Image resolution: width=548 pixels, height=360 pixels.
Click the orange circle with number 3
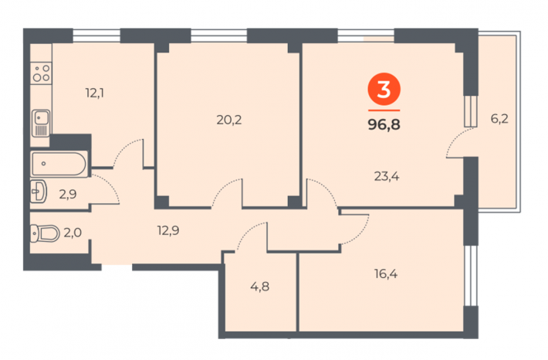[384, 89]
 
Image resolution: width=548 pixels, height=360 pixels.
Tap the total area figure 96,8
[384, 124]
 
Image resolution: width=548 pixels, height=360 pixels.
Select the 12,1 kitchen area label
[95, 93]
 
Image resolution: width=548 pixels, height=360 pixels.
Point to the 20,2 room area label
[229, 120]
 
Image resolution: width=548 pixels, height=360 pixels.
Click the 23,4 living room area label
[387, 176]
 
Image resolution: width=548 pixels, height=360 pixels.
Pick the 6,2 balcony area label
[499, 119]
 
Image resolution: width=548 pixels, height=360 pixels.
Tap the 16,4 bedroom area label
[386, 274]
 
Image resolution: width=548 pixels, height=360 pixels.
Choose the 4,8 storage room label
[259, 287]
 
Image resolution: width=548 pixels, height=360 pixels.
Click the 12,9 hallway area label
[168, 230]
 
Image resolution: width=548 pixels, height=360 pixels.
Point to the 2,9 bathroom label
[68, 194]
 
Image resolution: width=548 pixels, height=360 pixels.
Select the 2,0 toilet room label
[73, 233]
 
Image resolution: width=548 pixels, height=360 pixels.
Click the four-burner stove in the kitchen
[41, 73]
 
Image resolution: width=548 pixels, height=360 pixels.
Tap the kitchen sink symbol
[41, 123]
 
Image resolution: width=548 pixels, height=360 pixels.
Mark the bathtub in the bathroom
[59, 164]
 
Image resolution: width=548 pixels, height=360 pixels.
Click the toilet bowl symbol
[45, 233]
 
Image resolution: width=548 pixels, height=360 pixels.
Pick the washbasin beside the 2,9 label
[39, 192]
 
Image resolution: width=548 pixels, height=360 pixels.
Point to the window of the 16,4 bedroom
[470, 276]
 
